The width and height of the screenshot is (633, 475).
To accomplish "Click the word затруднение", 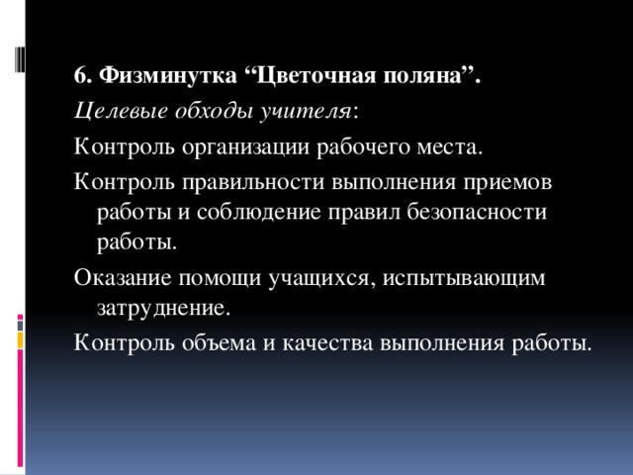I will (x=162, y=308).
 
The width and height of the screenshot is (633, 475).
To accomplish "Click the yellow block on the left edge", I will (x=21, y=339).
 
